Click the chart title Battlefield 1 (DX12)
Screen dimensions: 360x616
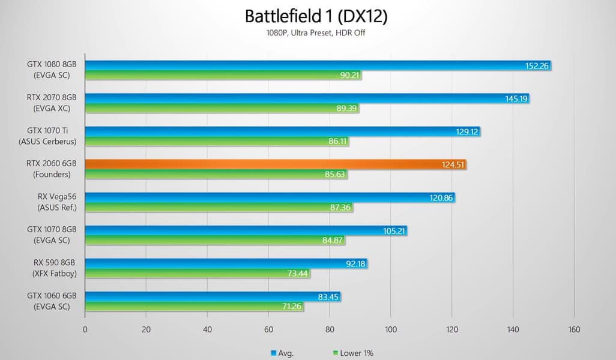pyautogui.click(x=316, y=16)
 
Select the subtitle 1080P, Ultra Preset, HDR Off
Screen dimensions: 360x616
pyautogui.click(x=316, y=33)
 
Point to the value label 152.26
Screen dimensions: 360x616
pyautogui.click(x=537, y=65)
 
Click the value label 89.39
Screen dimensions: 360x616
pyautogui.click(x=346, y=109)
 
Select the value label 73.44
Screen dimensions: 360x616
pyautogui.click(x=298, y=274)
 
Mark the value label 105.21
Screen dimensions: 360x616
pyautogui.click(x=394, y=230)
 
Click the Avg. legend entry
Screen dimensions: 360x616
pyautogui.click(x=283, y=353)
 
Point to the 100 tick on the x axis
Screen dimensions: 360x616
pyautogui.click(x=390, y=329)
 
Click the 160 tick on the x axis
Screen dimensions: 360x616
pyautogui.click(x=574, y=329)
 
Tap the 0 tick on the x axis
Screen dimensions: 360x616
pyautogui.click(x=85, y=329)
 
